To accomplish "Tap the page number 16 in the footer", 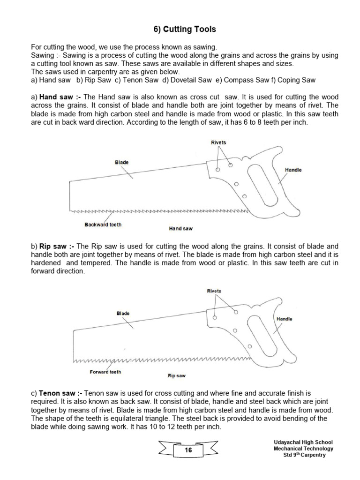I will point(188,450).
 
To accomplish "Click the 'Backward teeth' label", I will point(103,225).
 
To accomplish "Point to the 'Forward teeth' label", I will point(105,372).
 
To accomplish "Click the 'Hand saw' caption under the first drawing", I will point(180,229).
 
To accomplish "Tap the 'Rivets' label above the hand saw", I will point(218,142).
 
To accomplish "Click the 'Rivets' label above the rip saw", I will point(214,291).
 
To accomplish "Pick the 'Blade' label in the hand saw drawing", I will point(122,163).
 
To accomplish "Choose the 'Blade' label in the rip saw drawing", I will point(123,313).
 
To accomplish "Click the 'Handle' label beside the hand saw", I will point(293,170).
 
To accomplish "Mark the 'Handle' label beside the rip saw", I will point(285,319).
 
